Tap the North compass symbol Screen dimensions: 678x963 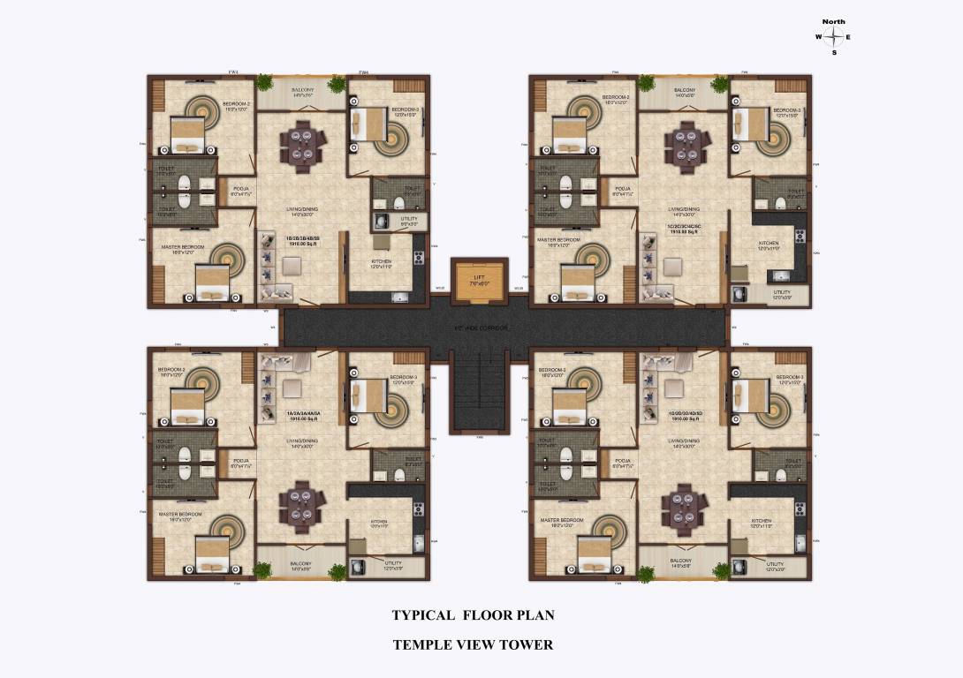pyautogui.click(x=833, y=37)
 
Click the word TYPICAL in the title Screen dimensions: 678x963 pyautogui.click(x=423, y=615)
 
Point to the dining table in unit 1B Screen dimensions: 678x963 pyautogui.click(x=301, y=145)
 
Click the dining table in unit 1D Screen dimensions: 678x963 pyautogui.click(x=683, y=508)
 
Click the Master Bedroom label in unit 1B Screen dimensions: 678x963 pyautogui.click(x=183, y=247)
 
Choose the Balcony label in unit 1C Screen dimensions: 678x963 pyautogui.click(x=685, y=92)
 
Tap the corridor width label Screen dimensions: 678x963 pyautogui.click(x=481, y=328)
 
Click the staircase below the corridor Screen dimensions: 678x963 pyautogui.click(x=480, y=388)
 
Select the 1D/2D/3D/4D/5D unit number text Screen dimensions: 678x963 pyautogui.click(x=685, y=414)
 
